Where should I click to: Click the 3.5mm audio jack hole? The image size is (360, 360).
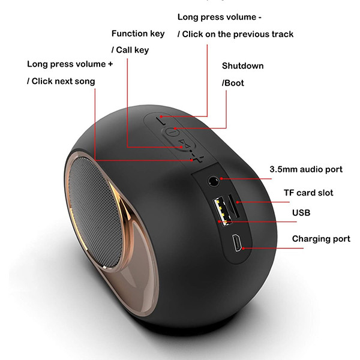click(214, 181)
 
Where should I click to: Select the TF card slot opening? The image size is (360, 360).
click(233, 206)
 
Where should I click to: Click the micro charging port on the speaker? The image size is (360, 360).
click(236, 242)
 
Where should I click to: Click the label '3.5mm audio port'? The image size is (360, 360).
click(306, 169)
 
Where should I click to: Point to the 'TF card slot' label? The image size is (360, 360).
click(308, 193)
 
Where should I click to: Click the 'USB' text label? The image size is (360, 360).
click(301, 213)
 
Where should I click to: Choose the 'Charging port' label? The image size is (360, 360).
click(321, 239)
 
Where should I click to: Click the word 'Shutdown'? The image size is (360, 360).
click(242, 66)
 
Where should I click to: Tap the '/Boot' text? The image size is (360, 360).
click(233, 83)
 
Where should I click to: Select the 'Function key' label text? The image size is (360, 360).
click(138, 34)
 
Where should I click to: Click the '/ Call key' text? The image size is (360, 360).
click(130, 50)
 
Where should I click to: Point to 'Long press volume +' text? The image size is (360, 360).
click(70, 64)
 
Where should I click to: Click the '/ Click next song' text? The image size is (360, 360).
click(61, 81)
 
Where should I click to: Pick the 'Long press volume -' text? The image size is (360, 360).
click(220, 17)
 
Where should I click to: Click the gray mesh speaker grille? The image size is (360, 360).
click(95, 212)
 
